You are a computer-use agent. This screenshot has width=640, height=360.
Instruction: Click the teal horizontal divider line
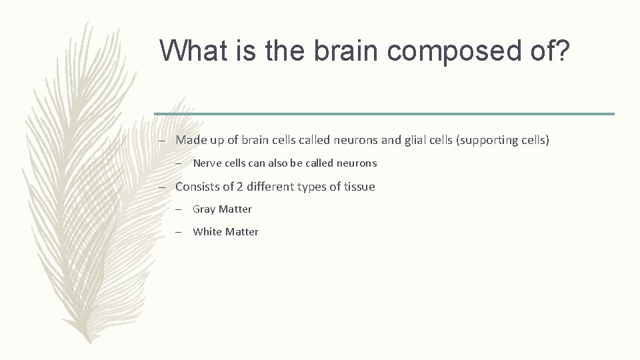coord(384,113)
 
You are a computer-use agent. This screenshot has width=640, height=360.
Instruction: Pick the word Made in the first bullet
coord(189,140)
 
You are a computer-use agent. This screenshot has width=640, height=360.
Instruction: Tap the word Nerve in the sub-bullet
coord(207,163)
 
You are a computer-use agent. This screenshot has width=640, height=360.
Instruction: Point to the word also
coord(279,163)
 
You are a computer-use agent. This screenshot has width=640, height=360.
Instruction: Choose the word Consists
coord(197,187)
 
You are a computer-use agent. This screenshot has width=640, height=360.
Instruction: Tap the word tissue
coord(360,187)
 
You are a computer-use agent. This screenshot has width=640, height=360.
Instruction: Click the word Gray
coord(204,209)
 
